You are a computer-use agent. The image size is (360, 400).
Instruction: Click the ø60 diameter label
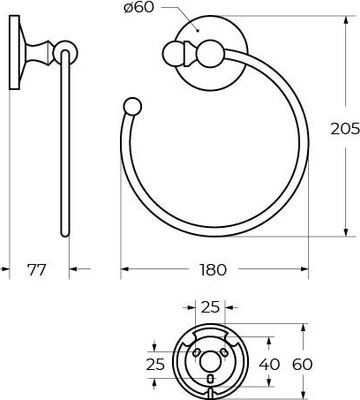(x=139, y=8)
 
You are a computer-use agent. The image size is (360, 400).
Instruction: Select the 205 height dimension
(x=345, y=129)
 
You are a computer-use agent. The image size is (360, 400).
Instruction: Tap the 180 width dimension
(x=213, y=269)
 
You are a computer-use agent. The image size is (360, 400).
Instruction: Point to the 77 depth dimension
(x=36, y=269)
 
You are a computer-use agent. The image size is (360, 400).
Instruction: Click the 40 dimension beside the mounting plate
(x=269, y=364)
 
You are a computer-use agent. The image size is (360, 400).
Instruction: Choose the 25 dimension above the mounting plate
(x=210, y=307)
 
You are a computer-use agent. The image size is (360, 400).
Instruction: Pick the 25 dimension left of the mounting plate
(x=155, y=364)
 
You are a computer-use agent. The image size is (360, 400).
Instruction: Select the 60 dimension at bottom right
(x=303, y=364)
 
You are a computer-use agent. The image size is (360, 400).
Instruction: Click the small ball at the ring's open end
(x=132, y=106)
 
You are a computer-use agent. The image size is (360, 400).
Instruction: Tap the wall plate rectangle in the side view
(x=14, y=52)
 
